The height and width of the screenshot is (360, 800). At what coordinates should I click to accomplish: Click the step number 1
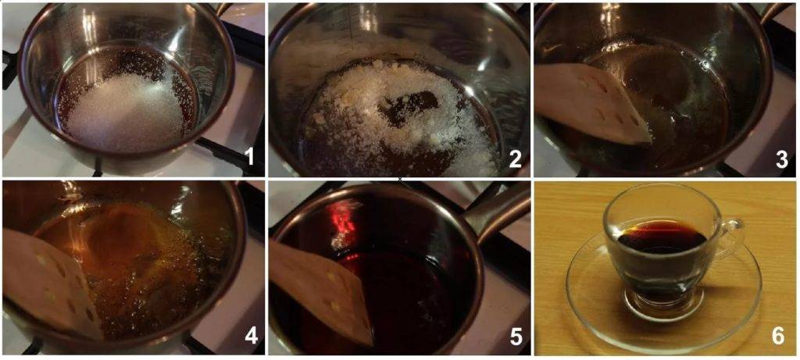(x=250, y=158)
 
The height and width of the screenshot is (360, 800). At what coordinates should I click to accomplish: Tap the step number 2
(x=515, y=159)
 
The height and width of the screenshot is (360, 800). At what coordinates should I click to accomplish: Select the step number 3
(x=782, y=159)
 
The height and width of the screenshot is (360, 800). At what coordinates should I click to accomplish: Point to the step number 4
(x=251, y=336)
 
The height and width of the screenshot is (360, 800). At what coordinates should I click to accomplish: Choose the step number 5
(x=516, y=336)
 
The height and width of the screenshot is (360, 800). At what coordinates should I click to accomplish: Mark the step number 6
(x=778, y=336)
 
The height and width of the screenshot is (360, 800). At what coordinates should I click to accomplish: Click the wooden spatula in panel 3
(x=592, y=104)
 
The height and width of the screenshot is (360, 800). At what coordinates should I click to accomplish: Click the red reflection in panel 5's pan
(x=347, y=219)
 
